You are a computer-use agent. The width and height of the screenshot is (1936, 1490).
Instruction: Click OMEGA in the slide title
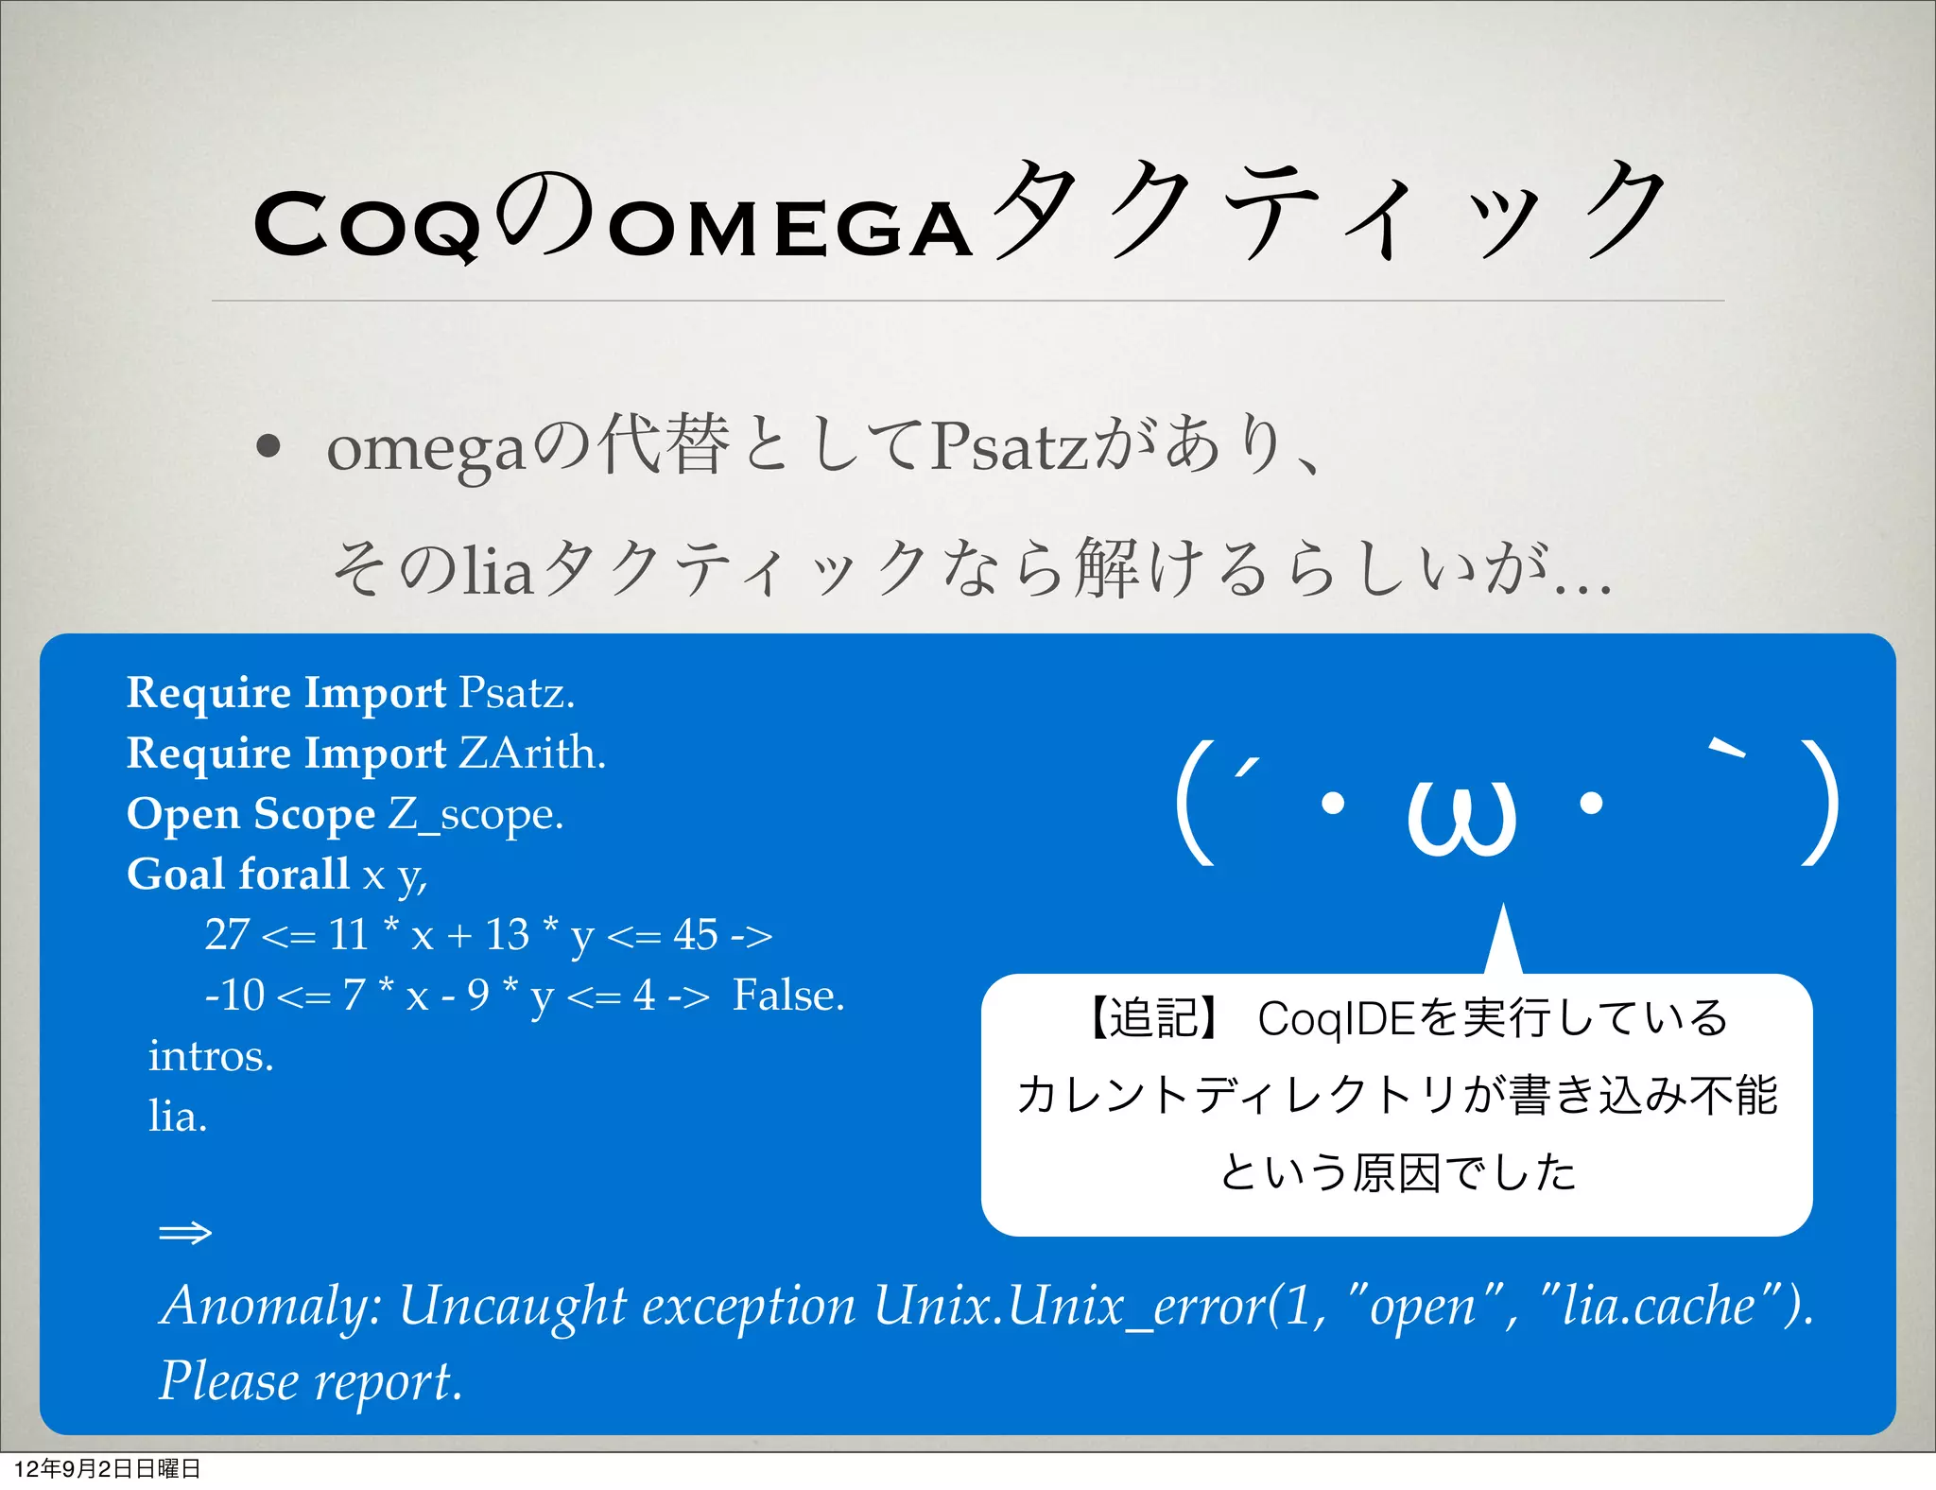click(x=790, y=230)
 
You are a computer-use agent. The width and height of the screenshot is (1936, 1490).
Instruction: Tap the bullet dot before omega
click(x=269, y=446)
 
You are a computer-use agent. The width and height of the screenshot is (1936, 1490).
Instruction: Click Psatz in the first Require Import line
click(x=516, y=693)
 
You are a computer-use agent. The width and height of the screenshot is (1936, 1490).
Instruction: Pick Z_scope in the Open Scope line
click(x=475, y=814)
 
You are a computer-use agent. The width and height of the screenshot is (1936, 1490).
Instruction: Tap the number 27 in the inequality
click(x=227, y=935)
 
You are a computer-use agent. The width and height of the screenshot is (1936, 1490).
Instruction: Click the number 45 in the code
click(x=696, y=935)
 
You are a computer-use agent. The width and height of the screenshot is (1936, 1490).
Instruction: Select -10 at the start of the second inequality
click(x=234, y=996)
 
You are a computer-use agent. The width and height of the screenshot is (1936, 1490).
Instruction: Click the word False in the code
click(x=787, y=996)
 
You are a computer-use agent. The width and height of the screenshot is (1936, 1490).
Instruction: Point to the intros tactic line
click(x=211, y=1056)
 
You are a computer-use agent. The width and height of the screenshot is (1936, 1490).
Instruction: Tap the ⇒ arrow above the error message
click(x=185, y=1233)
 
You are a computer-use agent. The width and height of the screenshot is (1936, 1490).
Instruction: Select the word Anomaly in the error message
click(x=270, y=1307)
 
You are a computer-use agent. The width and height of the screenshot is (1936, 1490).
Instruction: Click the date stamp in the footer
click(x=107, y=1468)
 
